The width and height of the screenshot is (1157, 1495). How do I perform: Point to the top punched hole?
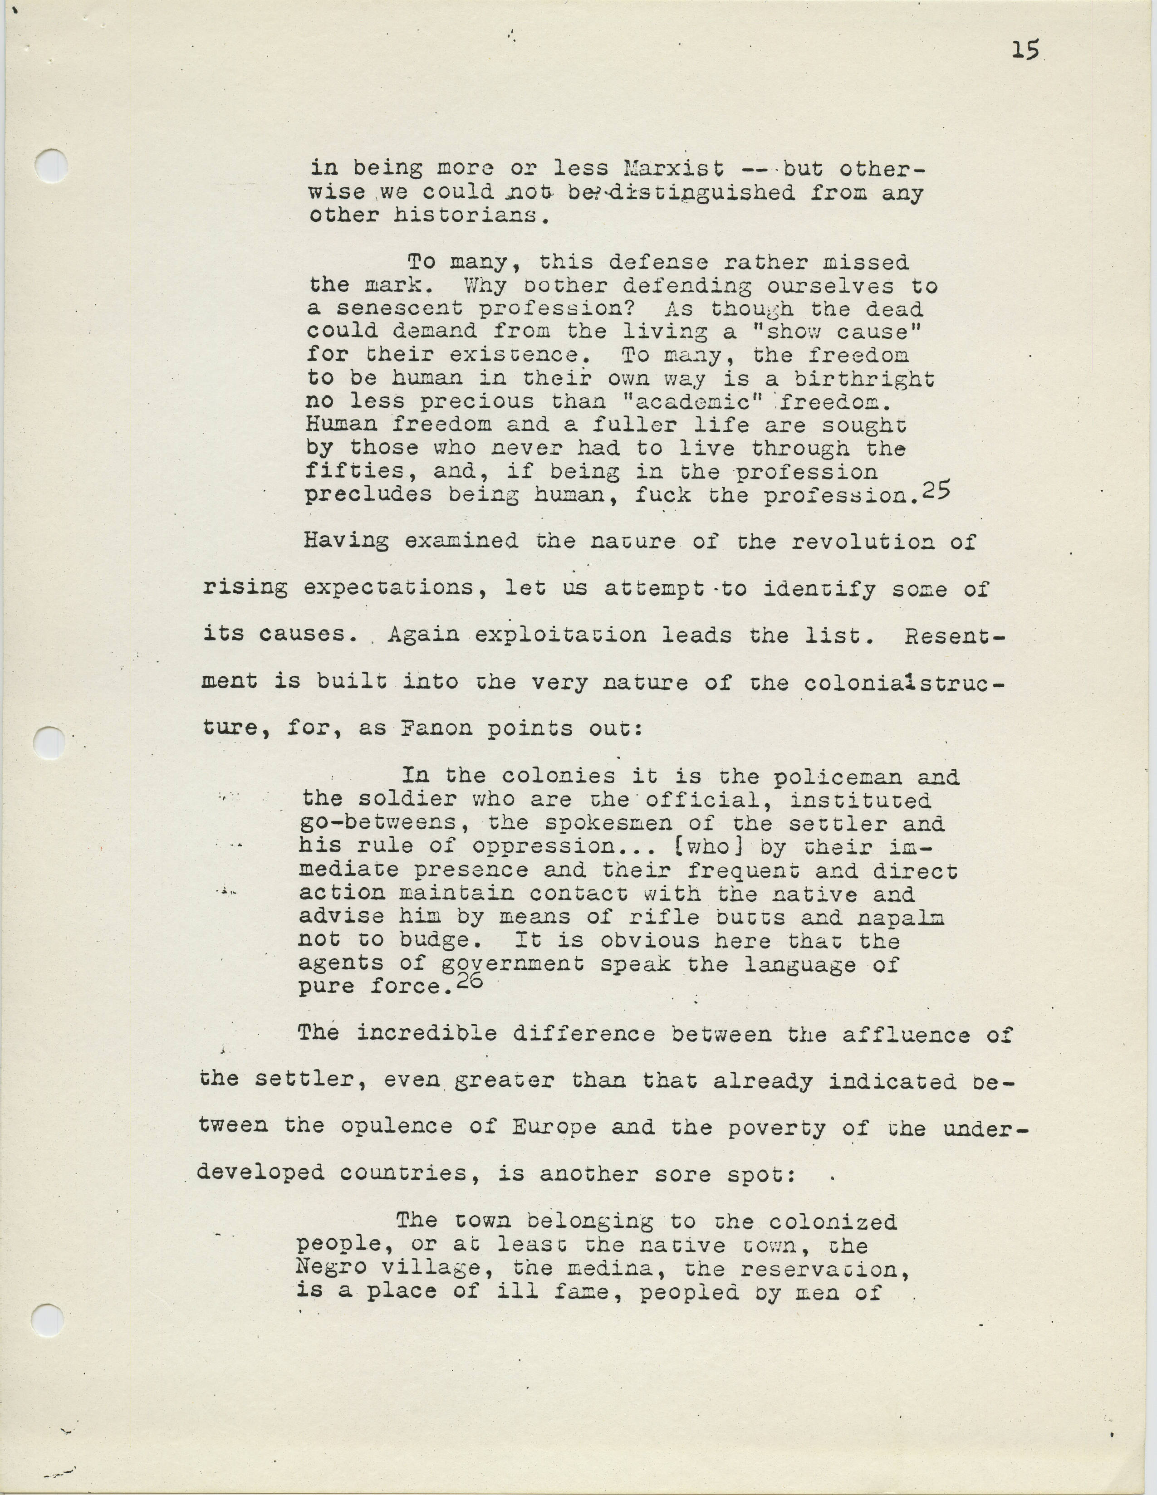pyautogui.click(x=52, y=166)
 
